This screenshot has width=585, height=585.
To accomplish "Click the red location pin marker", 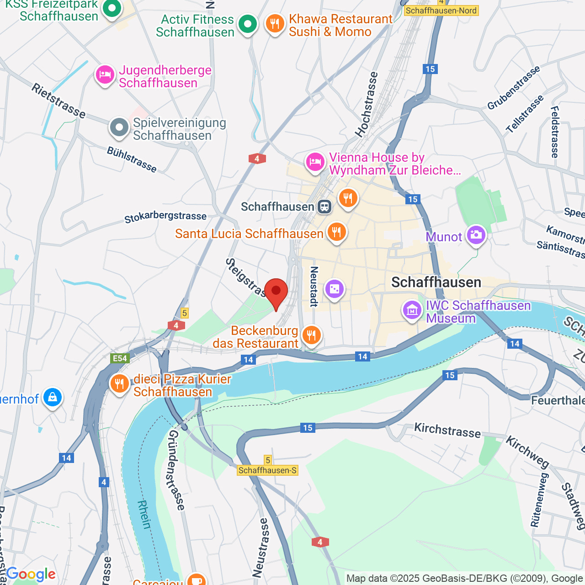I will click(276, 292).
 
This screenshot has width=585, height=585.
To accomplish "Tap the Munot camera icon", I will click(476, 235).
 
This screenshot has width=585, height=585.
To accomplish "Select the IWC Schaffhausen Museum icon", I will click(412, 311).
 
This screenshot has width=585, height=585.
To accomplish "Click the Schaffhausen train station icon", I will click(324, 207).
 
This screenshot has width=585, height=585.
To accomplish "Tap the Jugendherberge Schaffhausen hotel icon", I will click(105, 74).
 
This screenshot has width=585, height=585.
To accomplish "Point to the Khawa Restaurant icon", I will click(275, 24).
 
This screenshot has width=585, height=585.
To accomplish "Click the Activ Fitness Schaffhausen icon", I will click(248, 24).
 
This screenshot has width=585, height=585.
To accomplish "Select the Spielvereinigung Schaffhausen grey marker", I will click(119, 128).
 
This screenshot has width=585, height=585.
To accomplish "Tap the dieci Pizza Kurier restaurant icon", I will click(119, 384).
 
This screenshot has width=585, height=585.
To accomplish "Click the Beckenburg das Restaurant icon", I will click(311, 335).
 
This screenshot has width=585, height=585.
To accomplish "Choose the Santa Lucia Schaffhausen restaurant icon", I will click(336, 232).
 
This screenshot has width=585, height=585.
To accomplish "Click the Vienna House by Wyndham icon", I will click(315, 162).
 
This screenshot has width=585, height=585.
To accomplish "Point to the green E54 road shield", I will click(120, 358).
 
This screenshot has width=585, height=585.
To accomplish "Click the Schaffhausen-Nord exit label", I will click(441, 11).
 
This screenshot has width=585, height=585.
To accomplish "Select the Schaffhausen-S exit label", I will click(267, 470).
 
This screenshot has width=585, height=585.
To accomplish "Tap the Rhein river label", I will click(144, 515).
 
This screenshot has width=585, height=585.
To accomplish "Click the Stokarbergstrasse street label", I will click(165, 217).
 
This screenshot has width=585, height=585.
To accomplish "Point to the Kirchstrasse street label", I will click(447, 430).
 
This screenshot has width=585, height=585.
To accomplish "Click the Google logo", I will click(31, 574).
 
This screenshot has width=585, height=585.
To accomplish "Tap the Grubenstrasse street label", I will click(514, 87).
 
